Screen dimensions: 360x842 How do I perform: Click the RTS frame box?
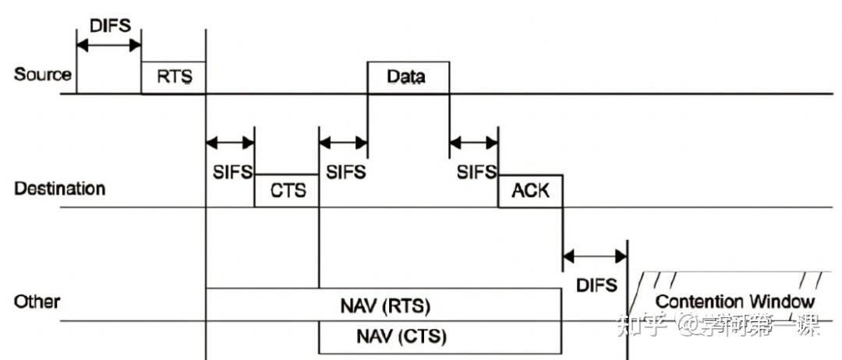(173, 77)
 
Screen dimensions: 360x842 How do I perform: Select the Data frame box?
(408, 77)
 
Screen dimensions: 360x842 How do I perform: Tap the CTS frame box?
(287, 191)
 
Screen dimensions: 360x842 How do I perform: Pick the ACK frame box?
(530, 191)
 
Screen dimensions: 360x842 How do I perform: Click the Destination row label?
(59, 189)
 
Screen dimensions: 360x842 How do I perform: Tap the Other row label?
(37, 302)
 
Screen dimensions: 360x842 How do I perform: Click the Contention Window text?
(734, 302)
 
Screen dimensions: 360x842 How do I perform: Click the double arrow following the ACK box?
(595, 255)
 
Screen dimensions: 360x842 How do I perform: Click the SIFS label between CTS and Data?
(345, 171)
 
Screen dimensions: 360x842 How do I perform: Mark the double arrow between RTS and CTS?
(230, 143)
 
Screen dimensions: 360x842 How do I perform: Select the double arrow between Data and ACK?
(474, 143)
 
